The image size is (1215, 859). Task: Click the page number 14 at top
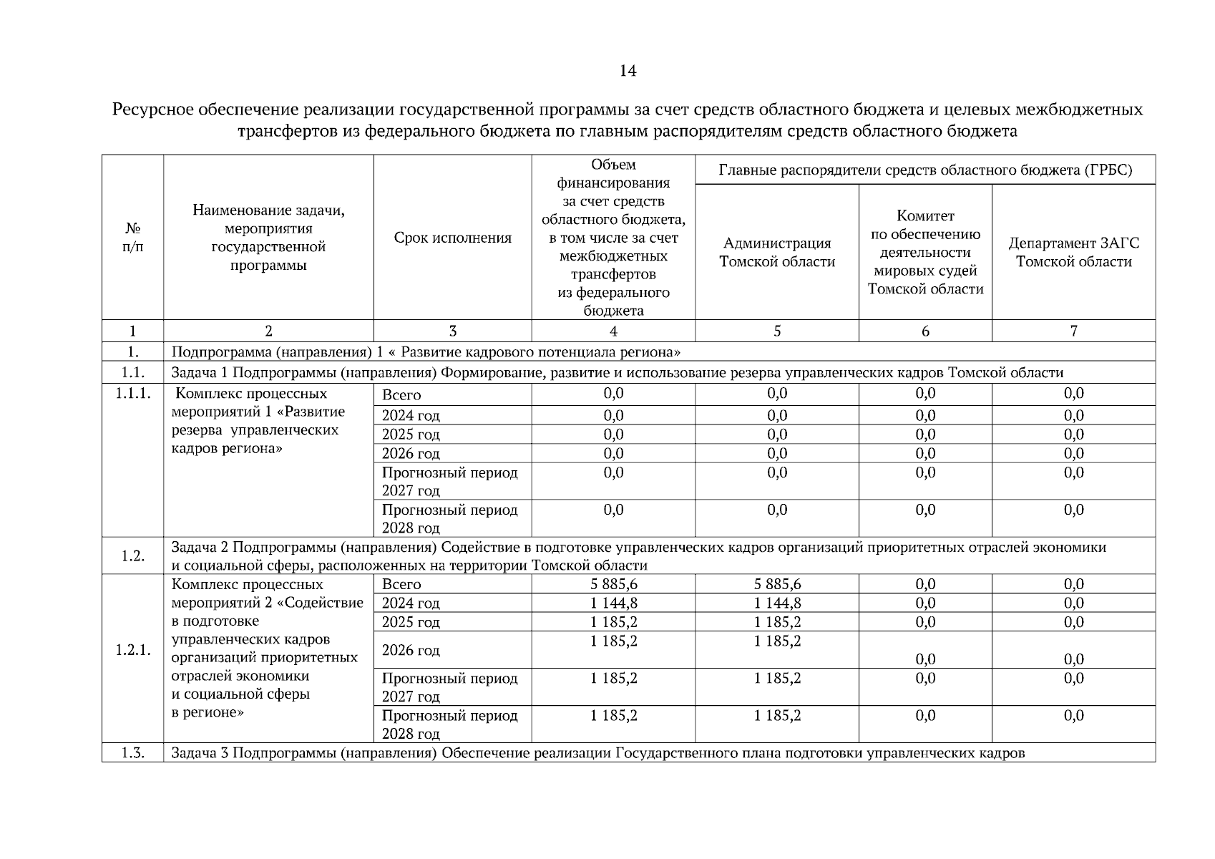tap(628, 71)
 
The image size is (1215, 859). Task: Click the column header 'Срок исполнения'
tap(452, 238)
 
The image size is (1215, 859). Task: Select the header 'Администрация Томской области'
tap(776, 253)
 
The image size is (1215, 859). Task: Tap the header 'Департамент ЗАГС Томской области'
tap(1073, 253)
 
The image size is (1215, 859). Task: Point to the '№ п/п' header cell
tap(132, 238)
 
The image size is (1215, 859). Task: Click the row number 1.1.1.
tap(132, 394)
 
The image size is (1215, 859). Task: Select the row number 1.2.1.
tap(132, 651)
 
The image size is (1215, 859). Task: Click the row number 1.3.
tap(132, 753)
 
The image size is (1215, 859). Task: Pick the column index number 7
tap(1073, 331)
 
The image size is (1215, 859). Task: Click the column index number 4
tap(613, 331)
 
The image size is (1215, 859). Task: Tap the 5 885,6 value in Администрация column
tap(776, 584)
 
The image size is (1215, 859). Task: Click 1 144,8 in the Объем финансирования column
tap(613, 603)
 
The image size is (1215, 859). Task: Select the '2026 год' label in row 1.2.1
tap(411, 651)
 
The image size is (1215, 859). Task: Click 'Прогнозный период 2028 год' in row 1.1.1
tap(449, 519)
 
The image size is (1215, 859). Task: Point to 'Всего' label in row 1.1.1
tap(401, 395)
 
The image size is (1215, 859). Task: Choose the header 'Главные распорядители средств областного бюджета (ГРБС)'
tap(924, 170)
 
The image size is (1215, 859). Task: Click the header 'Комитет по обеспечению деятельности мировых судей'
tap(924, 253)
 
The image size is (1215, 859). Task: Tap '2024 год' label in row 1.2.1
tap(411, 603)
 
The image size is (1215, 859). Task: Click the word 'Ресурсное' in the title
tap(155, 110)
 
